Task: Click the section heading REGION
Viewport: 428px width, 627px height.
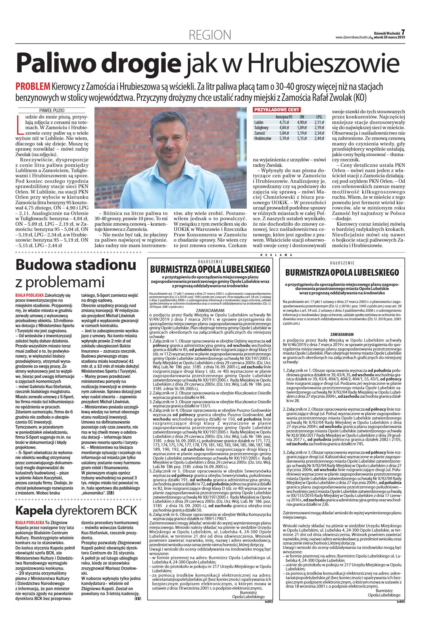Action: [210, 35]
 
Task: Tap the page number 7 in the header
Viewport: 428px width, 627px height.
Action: [403, 32]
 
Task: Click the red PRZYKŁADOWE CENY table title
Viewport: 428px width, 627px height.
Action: [276, 110]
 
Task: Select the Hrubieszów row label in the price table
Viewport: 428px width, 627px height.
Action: [263, 138]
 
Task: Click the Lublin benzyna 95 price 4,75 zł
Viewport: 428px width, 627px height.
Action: [284, 122]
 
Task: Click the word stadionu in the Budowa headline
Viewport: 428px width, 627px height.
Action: [104, 265]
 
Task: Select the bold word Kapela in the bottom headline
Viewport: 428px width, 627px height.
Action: [34, 510]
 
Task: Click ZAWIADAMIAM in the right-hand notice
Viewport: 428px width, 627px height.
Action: [342, 335]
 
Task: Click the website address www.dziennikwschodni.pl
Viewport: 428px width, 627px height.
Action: [353, 37]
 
